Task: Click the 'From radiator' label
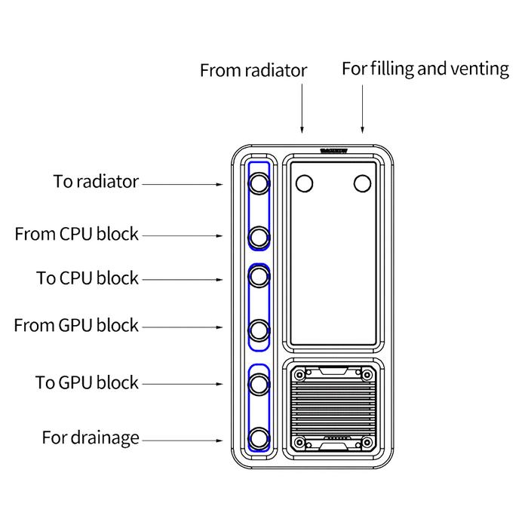click(x=253, y=71)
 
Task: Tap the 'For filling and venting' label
click(x=425, y=69)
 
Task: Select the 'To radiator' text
click(x=96, y=182)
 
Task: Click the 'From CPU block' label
click(x=77, y=235)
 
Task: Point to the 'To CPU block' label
click(x=87, y=278)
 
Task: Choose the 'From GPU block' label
click(x=76, y=326)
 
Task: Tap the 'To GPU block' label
click(x=87, y=382)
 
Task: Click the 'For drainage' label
click(x=91, y=437)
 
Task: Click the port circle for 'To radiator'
click(x=259, y=183)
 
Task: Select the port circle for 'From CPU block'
click(x=259, y=237)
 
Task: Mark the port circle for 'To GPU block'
click(x=259, y=383)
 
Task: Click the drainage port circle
click(x=259, y=437)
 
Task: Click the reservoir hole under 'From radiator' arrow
click(x=305, y=183)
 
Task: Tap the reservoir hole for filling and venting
click(x=363, y=183)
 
